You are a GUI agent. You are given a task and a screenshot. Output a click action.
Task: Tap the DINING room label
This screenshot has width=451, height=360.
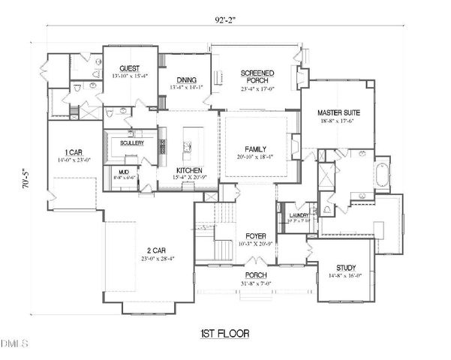click(x=186, y=79)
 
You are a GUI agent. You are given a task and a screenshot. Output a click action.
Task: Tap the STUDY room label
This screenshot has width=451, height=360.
click(x=345, y=268)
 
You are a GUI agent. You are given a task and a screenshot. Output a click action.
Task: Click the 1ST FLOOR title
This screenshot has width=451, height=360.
click(x=224, y=332)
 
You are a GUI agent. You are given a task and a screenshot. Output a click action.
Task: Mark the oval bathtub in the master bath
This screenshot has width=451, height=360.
click(x=382, y=174)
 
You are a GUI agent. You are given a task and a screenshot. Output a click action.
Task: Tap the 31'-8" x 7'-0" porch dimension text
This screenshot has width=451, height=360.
click(x=255, y=283)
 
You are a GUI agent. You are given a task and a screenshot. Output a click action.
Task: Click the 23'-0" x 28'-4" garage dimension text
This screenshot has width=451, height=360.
click(x=155, y=259)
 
